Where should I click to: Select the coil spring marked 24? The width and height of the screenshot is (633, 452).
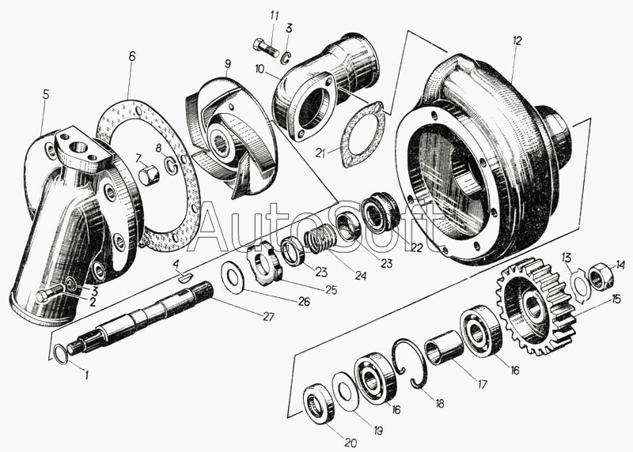click(x=320, y=237)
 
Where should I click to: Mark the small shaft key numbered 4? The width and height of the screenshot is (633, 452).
click(x=183, y=276)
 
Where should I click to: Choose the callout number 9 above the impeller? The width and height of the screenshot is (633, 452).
click(x=227, y=63)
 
